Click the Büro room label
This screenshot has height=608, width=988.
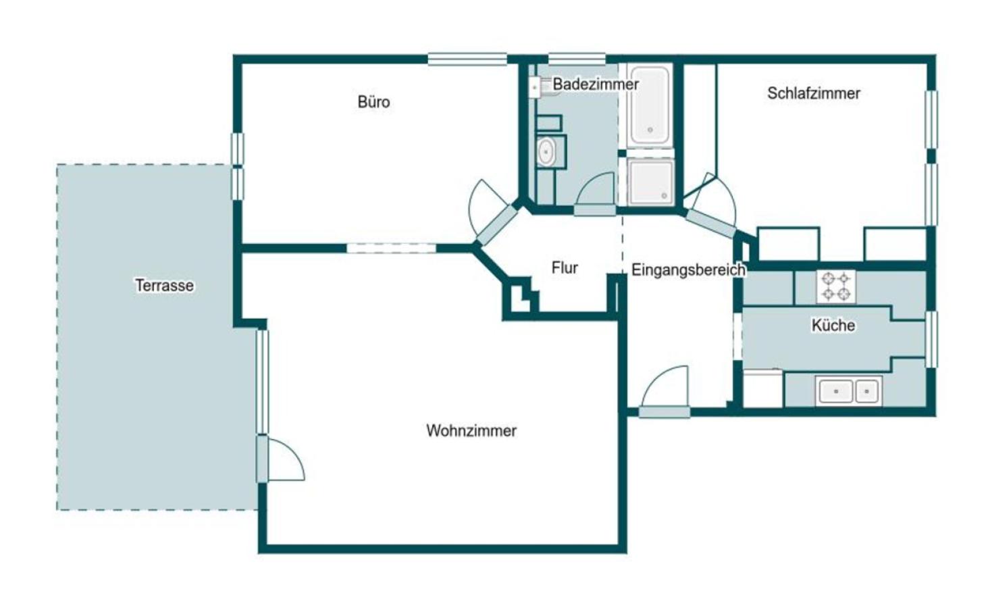point(373,102)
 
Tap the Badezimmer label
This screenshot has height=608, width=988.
point(596,84)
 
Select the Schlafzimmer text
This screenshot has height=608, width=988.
point(813,93)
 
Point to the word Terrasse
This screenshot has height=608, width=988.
point(164,285)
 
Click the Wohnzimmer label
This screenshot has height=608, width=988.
point(471,430)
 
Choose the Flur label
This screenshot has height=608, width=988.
point(564,268)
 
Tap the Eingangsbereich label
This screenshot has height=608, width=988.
point(688,270)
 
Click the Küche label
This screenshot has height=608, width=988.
point(833,325)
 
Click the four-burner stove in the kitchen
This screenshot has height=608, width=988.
point(836,287)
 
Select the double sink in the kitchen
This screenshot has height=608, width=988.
point(848,390)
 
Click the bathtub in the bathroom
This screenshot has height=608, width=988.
point(650,106)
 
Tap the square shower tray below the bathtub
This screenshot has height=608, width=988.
point(650,182)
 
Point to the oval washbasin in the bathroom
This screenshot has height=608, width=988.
point(546,152)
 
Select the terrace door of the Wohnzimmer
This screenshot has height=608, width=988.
point(280,459)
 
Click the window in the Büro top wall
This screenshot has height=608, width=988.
point(467,59)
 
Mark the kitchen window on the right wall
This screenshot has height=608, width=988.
point(931,339)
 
